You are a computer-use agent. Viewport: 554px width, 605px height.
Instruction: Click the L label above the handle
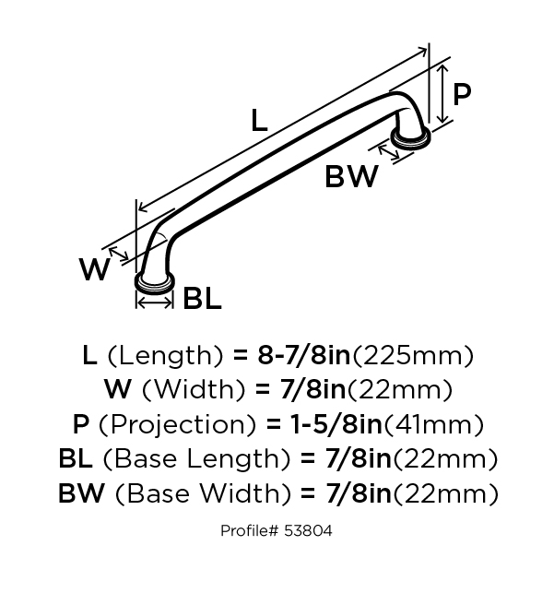pyautogui.click(x=259, y=121)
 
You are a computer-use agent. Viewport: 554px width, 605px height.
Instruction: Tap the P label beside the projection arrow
pyautogui.click(x=462, y=94)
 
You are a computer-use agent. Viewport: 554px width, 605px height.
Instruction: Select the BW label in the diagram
pyautogui.click(x=351, y=176)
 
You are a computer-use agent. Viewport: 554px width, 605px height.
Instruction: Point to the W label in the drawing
pyautogui.click(x=94, y=269)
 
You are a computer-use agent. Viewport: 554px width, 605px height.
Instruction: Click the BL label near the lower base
pyautogui.click(x=202, y=298)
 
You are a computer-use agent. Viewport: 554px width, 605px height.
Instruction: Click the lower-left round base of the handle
pyautogui.click(x=155, y=283)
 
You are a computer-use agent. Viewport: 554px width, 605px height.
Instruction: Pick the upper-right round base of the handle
pyautogui.click(x=410, y=136)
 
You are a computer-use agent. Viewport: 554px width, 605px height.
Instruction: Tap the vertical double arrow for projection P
pyautogui.click(x=443, y=94)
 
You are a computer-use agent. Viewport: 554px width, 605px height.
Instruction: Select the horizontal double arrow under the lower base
pyautogui.click(x=155, y=303)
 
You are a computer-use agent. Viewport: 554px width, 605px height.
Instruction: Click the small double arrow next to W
pyautogui.click(x=119, y=254)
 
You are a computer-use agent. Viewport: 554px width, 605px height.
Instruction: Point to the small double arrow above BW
pyautogui.click(x=389, y=151)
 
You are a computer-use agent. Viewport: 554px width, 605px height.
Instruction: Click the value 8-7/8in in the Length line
pyautogui.click(x=304, y=355)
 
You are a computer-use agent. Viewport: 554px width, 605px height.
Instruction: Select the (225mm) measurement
pyautogui.click(x=413, y=356)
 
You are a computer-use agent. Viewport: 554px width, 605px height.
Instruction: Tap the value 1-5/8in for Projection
pyautogui.click(x=336, y=424)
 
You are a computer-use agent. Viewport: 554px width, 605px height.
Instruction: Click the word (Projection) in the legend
pyautogui.click(x=178, y=425)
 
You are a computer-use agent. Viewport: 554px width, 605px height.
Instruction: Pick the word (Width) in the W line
pyautogui.click(x=194, y=390)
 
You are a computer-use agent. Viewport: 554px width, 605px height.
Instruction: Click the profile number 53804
pyautogui.click(x=308, y=531)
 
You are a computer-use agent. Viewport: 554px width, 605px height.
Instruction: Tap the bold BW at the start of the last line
pyautogui.click(x=81, y=493)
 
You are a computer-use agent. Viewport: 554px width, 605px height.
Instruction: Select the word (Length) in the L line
pyautogui.click(x=165, y=356)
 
